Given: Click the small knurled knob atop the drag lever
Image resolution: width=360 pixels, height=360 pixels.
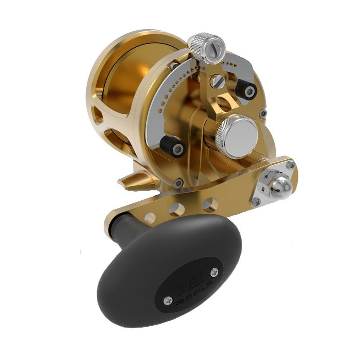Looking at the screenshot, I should pos(205,45).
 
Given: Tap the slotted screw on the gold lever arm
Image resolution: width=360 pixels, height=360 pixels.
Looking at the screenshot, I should pos(218,81).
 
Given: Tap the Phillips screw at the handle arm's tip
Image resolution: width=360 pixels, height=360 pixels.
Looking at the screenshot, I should pos(291,165).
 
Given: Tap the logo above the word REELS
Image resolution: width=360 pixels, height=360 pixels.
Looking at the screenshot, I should pos(184,279).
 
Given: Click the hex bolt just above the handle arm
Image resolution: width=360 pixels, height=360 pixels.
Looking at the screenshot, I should pos(179,182).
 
